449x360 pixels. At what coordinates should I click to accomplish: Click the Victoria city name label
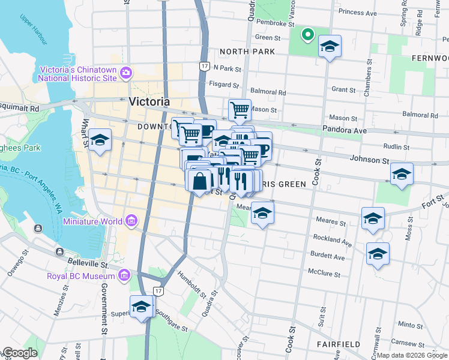point(149,101)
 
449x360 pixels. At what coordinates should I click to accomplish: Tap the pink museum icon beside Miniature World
point(131,221)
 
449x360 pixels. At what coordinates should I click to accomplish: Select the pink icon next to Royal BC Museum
point(124,276)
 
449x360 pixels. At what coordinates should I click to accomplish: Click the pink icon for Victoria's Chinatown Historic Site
point(125,73)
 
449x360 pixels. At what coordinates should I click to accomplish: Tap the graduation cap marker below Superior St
point(141,307)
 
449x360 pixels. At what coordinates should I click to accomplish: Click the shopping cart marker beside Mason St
point(240,110)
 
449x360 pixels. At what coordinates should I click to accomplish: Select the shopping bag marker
point(199,180)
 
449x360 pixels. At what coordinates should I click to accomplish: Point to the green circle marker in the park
point(307,34)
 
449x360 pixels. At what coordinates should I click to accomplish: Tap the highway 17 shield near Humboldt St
point(158,290)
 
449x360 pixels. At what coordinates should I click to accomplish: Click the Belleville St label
point(86,263)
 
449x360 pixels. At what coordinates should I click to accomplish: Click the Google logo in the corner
point(19,353)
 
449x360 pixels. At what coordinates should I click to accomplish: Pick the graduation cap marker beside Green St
point(330,46)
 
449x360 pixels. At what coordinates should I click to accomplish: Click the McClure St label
point(325,275)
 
